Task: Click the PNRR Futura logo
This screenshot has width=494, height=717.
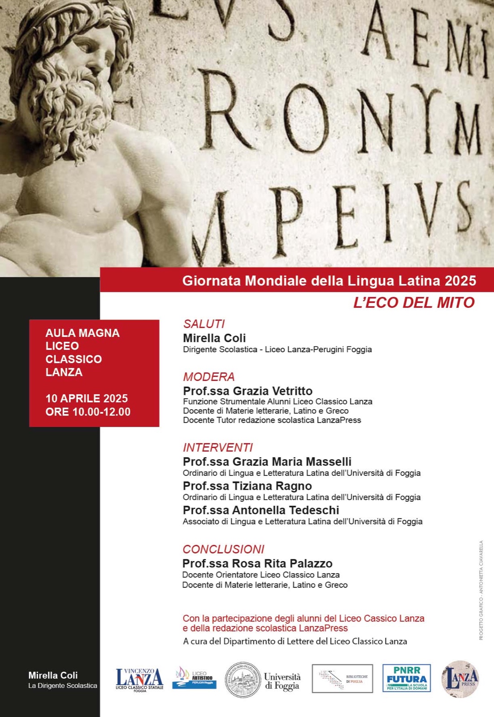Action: tap(406, 678)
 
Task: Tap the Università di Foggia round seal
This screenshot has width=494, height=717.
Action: tap(243, 680)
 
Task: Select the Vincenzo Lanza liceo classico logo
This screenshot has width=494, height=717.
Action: tap(139, 679)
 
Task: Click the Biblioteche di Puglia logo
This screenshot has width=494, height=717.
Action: tap(342, 678)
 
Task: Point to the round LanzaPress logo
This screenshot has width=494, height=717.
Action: tap(460, 678)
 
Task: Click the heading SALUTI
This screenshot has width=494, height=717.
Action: tap(204, 324)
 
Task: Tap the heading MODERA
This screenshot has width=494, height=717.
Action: tap(209, 377)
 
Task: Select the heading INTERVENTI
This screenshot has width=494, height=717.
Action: tap(218, 448)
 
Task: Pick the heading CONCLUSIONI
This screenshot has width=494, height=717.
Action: tap(223, 549)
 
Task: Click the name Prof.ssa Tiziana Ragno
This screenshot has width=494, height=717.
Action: tap(247, 486)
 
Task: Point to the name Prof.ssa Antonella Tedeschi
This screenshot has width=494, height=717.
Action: tap(261, 510)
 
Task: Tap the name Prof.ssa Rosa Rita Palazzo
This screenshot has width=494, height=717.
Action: tap(257, 564)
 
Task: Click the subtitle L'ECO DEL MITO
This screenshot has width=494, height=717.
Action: tap(414, 303)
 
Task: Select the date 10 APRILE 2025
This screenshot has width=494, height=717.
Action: tap(87, 398)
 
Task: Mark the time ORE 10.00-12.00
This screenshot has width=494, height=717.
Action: tap(88, 412)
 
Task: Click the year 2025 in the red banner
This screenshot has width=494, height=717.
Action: tap(460, 281)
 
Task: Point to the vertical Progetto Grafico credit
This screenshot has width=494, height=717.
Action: tap(481, 590)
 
